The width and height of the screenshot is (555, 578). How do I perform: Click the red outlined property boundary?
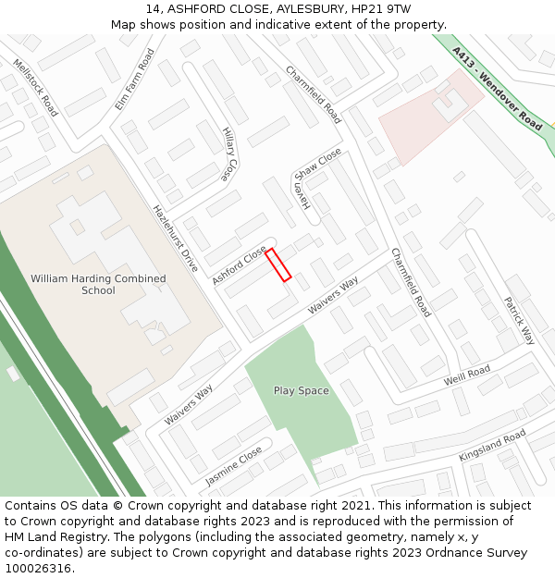click(278, 264)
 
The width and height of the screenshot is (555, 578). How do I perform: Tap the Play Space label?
click(301, 390)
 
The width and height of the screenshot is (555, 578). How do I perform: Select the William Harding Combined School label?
click(98, 284)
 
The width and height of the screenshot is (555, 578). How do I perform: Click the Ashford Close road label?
click(239, 265)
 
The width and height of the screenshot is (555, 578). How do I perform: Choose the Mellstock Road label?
click(35, 88)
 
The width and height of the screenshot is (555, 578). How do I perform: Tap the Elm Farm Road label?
click(134, 80)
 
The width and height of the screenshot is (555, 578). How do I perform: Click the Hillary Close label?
click(229, 154)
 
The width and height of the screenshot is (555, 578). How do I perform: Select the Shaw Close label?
click(317, 165)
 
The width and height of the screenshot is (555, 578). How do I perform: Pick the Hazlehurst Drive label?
click(175, 238)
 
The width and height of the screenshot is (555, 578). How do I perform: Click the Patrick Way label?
click(519, 320)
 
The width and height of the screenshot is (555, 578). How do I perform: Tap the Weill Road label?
click(466, 374)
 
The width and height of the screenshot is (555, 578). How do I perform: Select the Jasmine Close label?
click(233, 467)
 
